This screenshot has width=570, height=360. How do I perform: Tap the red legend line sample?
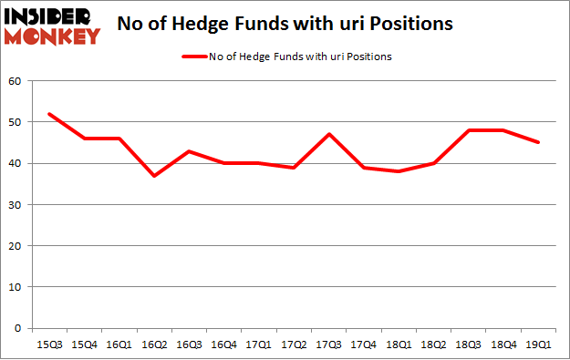[197, 57]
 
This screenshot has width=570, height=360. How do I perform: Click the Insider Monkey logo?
[51, 26]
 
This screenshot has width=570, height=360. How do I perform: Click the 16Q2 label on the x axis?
[154, 345]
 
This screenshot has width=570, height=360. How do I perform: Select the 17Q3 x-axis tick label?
[330, 345]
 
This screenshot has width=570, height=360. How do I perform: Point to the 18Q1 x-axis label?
[401, 345]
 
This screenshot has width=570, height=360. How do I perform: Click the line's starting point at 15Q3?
[48, 114]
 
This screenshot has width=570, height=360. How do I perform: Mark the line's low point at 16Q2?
[154, 176]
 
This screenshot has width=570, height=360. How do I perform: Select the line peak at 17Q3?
[330, 134]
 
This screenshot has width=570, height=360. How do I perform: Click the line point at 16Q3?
[190, 151]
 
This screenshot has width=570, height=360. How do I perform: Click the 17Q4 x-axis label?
[366, 345]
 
